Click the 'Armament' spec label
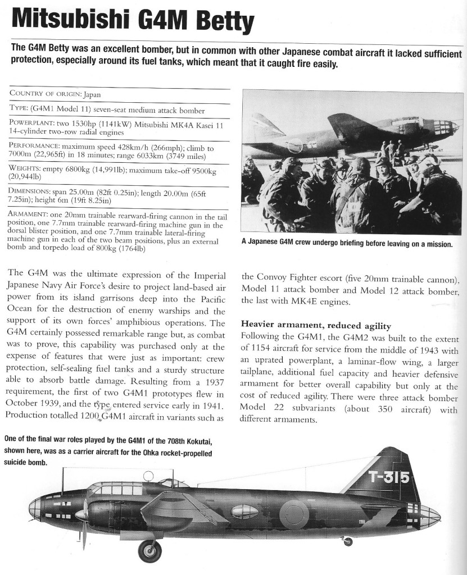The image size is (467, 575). pyautogui.click(x=31, y=214)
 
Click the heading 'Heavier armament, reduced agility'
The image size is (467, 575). pyautogui.click(x=316, y=325)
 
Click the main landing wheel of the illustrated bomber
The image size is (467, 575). pyautogui.click(x=149, y=550)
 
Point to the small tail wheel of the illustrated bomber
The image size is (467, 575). pyautogui.click(x=348, y=541)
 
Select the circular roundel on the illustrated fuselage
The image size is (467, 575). pyautogui.click(x=294, y=512)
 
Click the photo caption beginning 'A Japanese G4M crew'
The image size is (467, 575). pyautogui.click(x=347, y=244)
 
